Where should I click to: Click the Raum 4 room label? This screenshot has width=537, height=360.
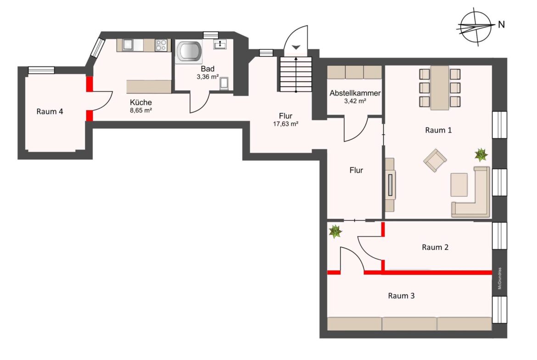tap(50, 111)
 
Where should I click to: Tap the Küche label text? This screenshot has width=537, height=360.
tap(141, 102)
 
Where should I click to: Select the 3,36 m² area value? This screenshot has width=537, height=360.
tap(207, 77)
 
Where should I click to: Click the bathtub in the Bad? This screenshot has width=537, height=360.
tap(188, 52)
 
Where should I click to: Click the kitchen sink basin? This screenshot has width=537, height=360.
tap(128, 45)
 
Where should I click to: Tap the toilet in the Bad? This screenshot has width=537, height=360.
tap(224, 83)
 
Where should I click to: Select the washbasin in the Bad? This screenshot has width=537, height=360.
tap(219, 44)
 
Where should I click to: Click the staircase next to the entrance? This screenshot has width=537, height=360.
tap(296, 75)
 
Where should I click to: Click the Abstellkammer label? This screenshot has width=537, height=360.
tap(355, 93)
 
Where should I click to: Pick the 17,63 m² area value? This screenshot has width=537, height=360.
tap(285, 124)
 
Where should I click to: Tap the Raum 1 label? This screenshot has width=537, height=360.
tap(438, 130)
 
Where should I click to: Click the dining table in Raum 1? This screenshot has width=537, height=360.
tap(440, 88)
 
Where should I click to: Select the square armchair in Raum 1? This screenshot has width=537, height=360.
tap(435, 160)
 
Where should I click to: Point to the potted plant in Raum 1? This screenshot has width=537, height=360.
tap(481, 155)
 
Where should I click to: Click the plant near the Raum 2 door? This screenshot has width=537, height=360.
tap(336, 231)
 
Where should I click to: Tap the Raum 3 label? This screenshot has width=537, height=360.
tap(401, 296)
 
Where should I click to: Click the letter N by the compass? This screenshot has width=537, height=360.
tap(501, 25)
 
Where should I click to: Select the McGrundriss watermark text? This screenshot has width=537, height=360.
tap(500, 278)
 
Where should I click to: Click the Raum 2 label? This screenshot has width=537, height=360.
tap(435, 247)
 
